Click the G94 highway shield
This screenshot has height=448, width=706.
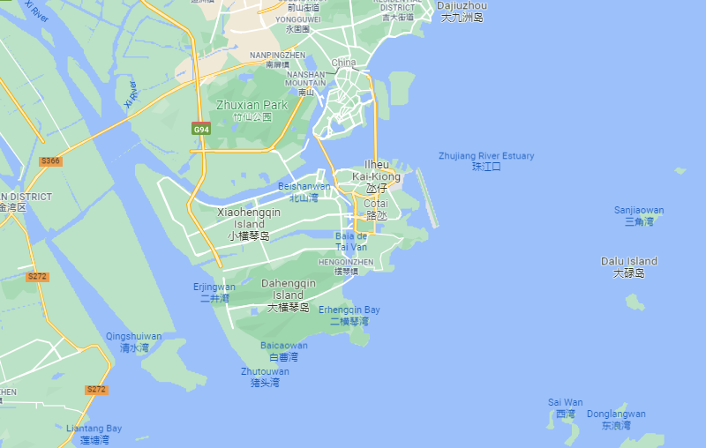202,129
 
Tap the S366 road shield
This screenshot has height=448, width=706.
50,161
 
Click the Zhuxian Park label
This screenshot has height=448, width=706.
252,110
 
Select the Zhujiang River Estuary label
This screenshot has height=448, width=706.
486,161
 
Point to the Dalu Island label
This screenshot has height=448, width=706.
629,266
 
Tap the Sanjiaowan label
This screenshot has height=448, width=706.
639,215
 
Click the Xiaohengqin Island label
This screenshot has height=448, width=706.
248,224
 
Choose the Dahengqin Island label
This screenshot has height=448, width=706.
289,295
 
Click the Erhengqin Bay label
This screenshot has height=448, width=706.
349,315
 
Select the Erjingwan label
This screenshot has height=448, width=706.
214,292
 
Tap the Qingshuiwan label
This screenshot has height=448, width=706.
134,341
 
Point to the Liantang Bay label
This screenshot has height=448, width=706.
94,434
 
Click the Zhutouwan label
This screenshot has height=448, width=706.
265,377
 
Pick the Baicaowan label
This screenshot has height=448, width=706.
284,351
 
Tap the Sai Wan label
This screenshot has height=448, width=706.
566,407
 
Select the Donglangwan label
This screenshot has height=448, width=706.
617,419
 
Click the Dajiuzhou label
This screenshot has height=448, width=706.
462,11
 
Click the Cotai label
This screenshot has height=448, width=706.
376,209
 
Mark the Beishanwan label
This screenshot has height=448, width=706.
304,191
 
